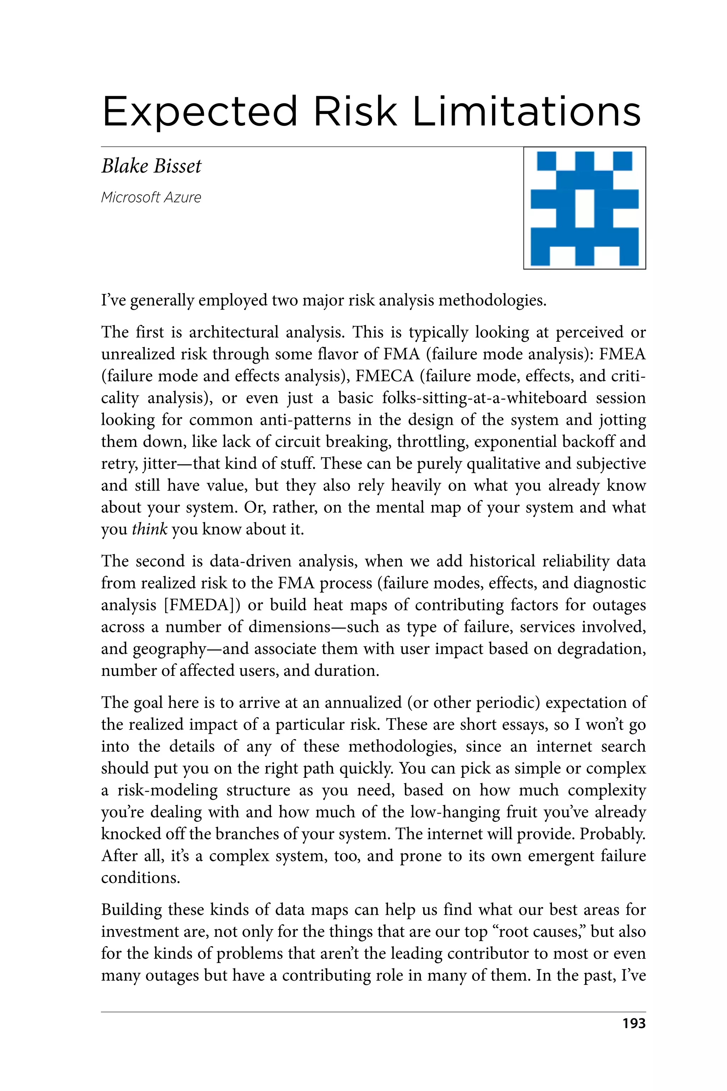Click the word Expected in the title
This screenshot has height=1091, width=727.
[x=199, y=112]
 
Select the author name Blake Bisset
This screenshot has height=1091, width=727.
[x=151, y=166]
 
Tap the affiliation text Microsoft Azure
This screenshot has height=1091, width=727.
[x=151, y=197]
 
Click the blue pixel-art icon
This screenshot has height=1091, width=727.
[x=584, y=208]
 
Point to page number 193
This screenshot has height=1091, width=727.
[x=634, y=1023]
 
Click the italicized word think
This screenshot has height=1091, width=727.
[x=149, y=529]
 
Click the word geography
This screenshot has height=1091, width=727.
[x=170, y=649]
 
